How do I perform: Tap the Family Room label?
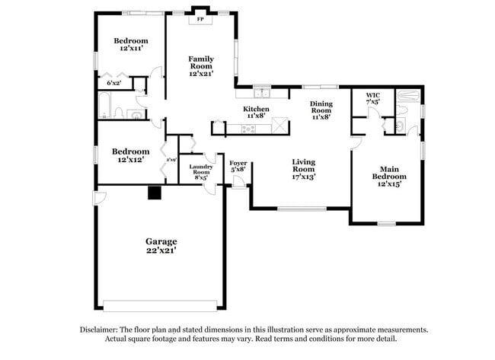click(201, 65)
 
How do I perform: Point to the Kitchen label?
click(256, 113)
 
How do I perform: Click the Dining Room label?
click(321, 110)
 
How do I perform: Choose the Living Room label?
click(304, 168)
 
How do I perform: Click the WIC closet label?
click(373, 97)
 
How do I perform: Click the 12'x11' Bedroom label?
click(131, 44)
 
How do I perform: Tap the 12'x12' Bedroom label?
click(129, 155)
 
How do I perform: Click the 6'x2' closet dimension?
click(114, 81)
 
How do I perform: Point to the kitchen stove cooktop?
click(248, 129)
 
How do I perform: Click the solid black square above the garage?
click(155, 193)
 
